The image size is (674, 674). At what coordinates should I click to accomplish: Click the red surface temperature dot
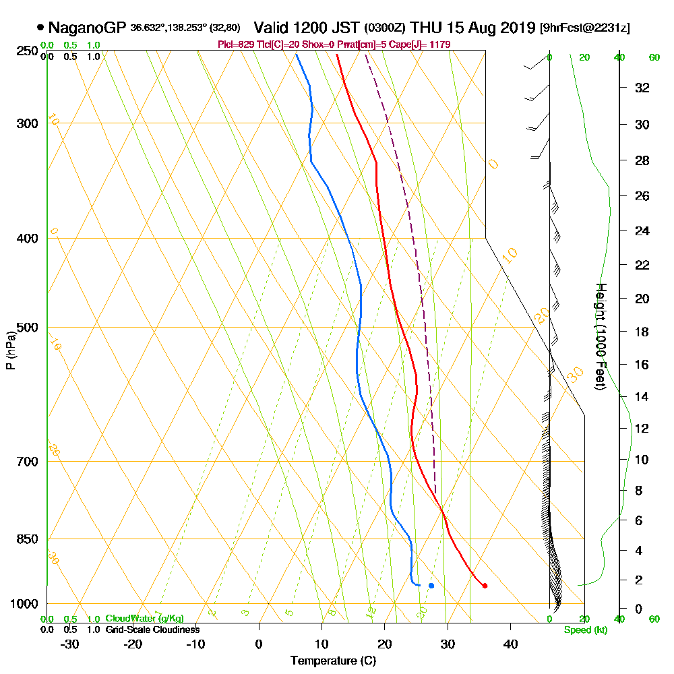485,586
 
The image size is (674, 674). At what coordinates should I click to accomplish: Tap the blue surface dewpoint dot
431,585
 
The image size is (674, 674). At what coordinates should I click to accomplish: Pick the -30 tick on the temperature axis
70,644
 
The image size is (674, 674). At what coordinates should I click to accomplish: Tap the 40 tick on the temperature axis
511,644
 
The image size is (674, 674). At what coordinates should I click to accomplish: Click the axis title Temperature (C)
333,661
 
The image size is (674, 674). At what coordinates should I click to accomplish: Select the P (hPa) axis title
10,350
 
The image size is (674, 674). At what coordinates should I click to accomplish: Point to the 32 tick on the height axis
642,88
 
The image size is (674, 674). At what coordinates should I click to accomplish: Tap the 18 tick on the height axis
642,332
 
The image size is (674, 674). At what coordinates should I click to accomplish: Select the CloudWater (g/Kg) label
144,619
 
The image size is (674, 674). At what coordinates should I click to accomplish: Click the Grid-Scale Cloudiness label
152,630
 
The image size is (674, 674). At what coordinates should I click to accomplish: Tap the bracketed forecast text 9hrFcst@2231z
586,28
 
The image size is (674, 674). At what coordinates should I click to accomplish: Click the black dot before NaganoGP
41,28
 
